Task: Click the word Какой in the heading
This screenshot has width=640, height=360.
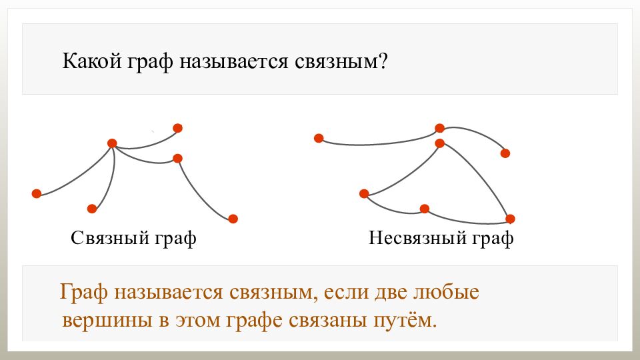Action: coord(92,61)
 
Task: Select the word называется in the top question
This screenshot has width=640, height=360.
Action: coord(233,61)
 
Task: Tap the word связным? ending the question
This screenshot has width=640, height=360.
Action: coord(340,61)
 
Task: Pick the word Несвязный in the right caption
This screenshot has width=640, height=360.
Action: coord(417,237)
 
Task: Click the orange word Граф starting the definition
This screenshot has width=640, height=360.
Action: coord(84,293)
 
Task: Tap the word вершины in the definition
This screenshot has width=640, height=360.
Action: coord(107,321)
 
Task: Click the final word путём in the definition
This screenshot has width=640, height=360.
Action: coord(405,320)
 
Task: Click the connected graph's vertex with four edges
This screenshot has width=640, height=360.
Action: coord(112,143)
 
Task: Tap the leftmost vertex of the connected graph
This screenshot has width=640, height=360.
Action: coord(37,193)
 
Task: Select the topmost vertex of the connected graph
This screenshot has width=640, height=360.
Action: coord(177,128)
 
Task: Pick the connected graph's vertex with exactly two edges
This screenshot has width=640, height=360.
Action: coord(177,159)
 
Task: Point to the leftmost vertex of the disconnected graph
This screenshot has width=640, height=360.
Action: coord(319,139)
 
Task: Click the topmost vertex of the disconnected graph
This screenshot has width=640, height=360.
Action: coord(439,128)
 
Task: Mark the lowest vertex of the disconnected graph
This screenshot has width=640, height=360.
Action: coord(510,219)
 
